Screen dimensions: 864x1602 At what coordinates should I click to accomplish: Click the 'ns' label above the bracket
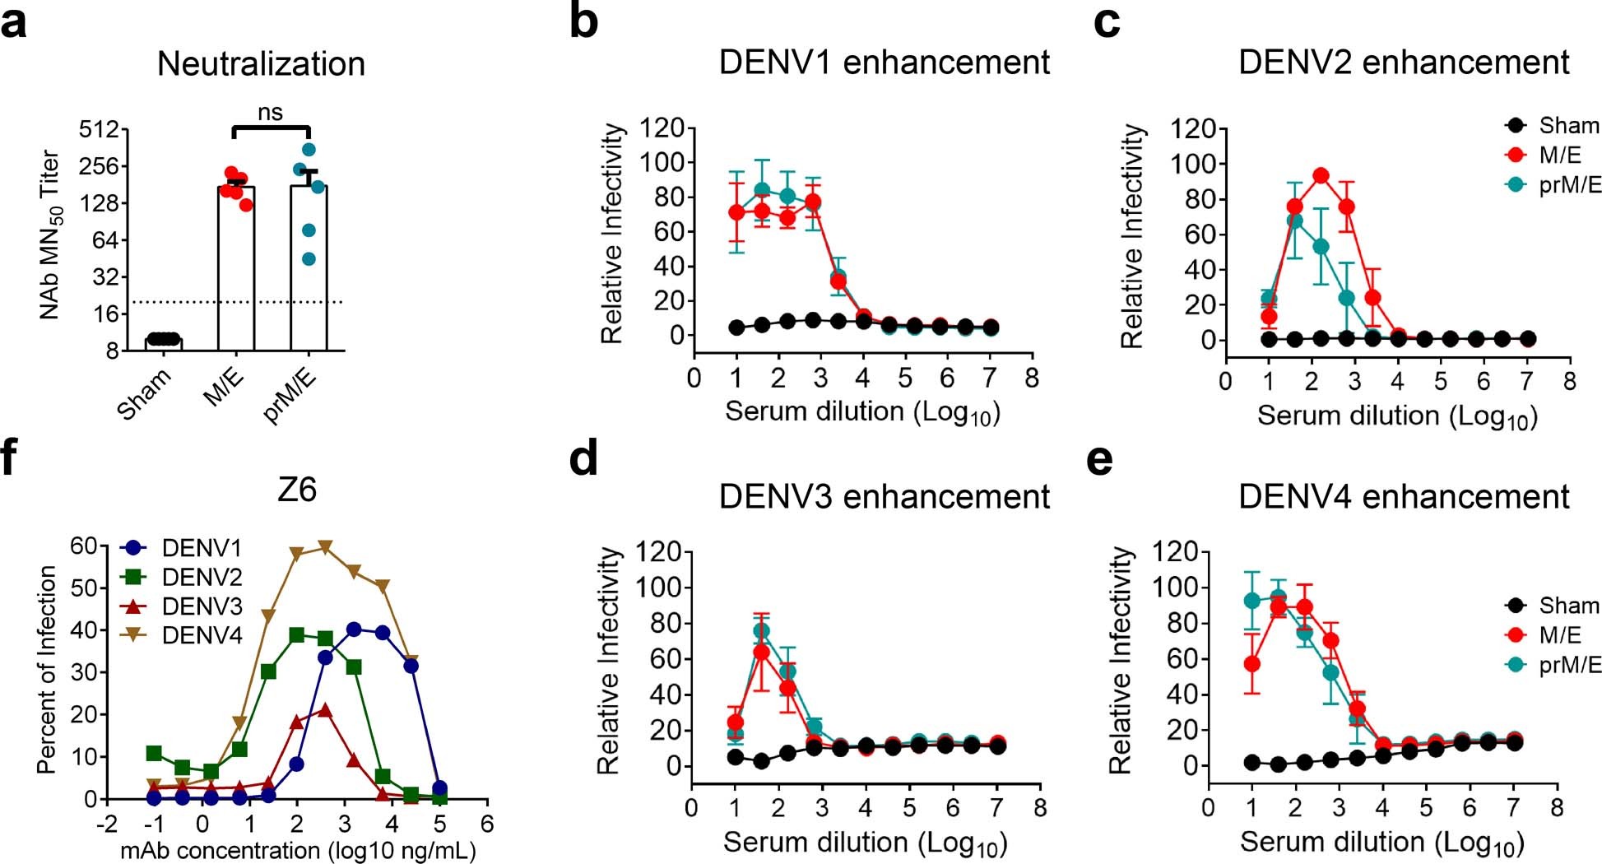(x=270, y=113)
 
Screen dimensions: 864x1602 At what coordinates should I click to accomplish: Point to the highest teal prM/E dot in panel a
(x=309, y=150)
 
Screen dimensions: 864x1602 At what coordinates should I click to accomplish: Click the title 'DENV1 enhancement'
(x=884, y=63)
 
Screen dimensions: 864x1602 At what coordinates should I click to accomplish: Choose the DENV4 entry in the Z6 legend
(x=202, y=635)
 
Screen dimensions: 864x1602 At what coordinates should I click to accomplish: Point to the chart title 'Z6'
(x=297, y=490)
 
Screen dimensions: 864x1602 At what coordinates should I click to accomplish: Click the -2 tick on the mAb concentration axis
(x=106, y=824)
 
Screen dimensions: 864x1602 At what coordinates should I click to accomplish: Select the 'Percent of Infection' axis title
(x=47, y=669)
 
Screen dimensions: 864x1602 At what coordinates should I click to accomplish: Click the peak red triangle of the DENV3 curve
(x=325, y=710)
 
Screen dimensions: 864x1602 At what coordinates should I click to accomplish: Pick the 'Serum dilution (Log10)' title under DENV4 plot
(x=1381, y=843)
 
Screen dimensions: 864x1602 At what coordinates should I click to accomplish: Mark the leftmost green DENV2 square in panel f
(x=154, y=753)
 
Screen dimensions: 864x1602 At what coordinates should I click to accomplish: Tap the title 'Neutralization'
(x=261, y=64)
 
